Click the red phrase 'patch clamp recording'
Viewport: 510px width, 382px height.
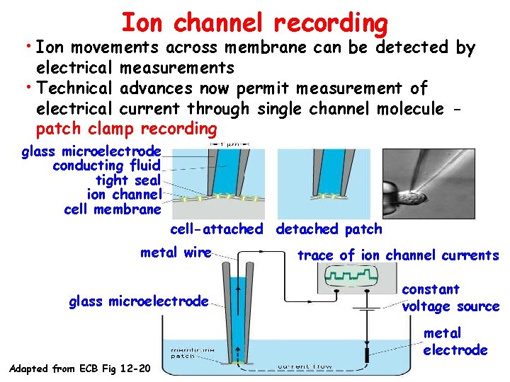[x=126, y=129]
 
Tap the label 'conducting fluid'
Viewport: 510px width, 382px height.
[x=107, y=166]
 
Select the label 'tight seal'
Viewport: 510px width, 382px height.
[x=128, y=180]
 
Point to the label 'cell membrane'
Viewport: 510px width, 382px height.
[x=113, y=209]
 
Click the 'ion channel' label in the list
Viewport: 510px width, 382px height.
[x=125, y=195]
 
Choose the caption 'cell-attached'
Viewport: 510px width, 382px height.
[x=216, y=229]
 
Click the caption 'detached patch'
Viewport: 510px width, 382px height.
[x=329, y=229]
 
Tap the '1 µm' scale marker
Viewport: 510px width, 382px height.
[x=225, y=144]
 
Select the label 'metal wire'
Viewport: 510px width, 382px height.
[x=176, y=253]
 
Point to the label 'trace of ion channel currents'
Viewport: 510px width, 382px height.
[x=397, y=255]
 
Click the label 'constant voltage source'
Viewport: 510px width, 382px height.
[x=450, y=298]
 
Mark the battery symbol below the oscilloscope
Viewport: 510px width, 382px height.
[x=367, y=310]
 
